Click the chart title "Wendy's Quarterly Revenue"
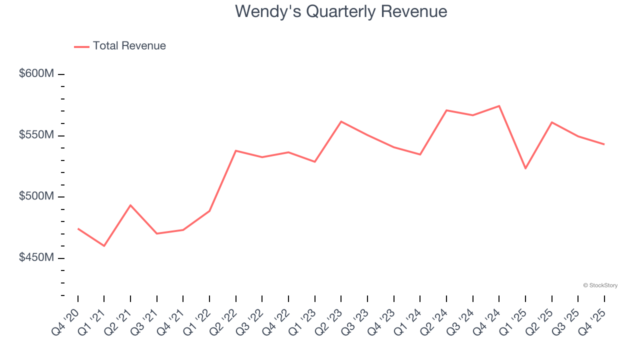(x=341, y=11)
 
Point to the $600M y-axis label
(x=36, y=74)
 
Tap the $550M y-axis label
(x=36, y=135)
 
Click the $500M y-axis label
(x=36, y=196)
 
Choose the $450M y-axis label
(x=36, y=257)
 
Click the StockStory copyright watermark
(x=600, y=285)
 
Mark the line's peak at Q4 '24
(x=499, y=106)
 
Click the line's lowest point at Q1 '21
(x=104, y=246)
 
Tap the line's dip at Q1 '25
(x=525, y=168)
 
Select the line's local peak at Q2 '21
(x=130, y=205)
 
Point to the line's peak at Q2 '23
(x=341, y=121)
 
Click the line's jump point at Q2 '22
(x=235, y=150)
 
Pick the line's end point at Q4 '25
(x=604, y=144)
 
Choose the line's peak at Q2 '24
(x=446, y=110)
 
